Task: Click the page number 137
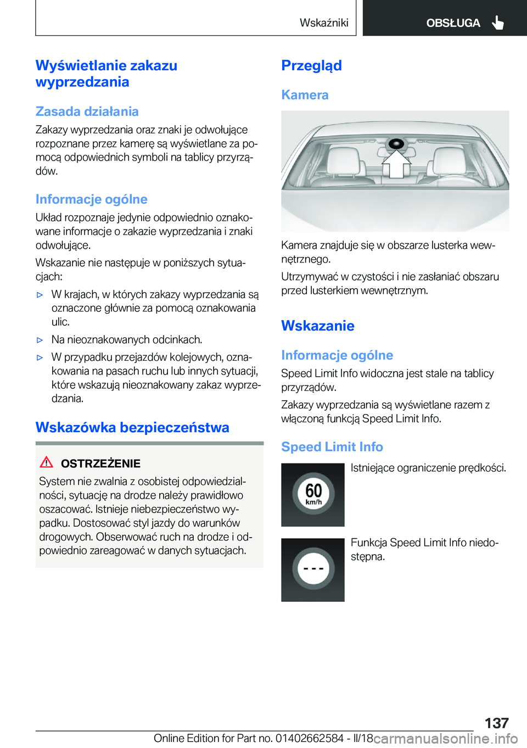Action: tap(496, 722)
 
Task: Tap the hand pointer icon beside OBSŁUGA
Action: tap(498, 23)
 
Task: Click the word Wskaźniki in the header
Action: tap(324, 23)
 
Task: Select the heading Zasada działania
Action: tap(87, 111)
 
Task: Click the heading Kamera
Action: tap(305, 95)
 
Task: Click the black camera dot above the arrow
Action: tap(396, 144)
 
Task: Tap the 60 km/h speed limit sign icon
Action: tap(313, 494)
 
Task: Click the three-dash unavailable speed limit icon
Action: tap(313, 570)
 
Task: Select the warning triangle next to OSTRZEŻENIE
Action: tap(47, 462)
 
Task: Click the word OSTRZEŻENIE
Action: tap(100, 464)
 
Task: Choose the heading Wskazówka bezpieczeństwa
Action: tap(132, 427)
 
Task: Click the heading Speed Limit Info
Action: tap(332, 446)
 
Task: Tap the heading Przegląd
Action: tap(311, 65)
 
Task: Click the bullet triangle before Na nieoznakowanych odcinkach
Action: tap(40, 340)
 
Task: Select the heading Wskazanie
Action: tap(317, 326)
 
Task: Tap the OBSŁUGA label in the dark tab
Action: tap(453, 23)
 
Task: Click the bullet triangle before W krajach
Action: tap(40, 295)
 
